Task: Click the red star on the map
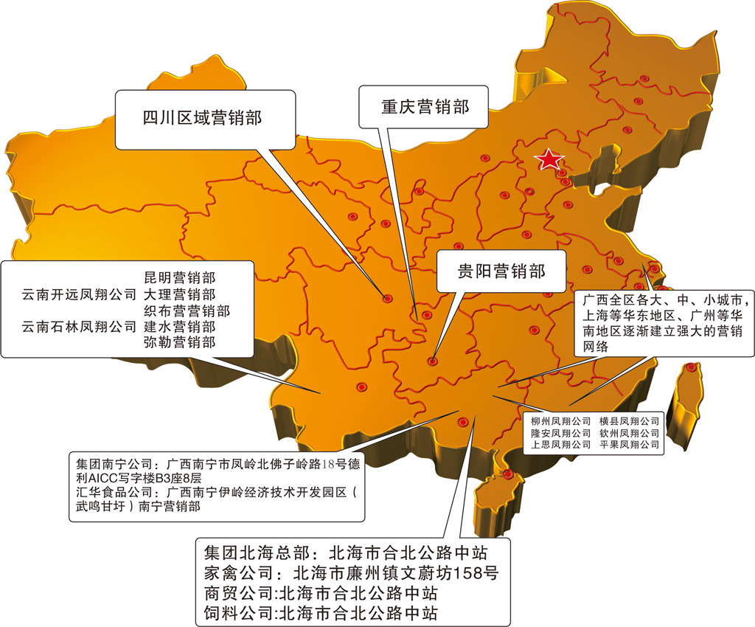coord(550,159)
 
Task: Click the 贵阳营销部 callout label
coord(501,271)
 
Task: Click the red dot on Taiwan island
coord(691,367)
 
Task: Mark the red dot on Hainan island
coord(508,474)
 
